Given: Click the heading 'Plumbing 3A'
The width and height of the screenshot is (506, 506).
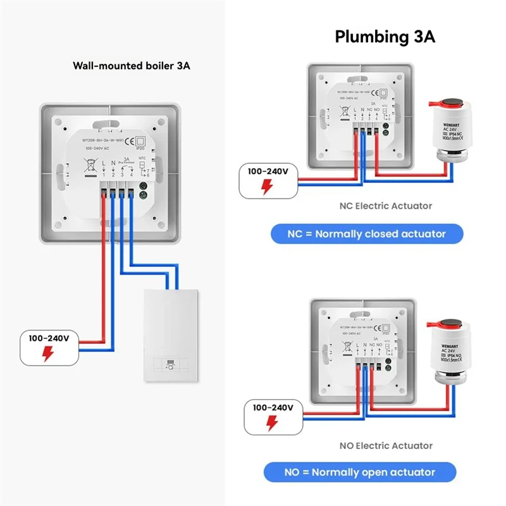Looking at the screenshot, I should tap(385, 37).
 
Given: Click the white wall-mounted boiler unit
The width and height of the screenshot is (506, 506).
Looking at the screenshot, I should tap(169, 335).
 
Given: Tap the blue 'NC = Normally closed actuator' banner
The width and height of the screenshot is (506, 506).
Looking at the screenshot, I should tap(366, 234).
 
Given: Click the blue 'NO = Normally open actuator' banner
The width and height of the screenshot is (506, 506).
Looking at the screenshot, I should tap(360, 472).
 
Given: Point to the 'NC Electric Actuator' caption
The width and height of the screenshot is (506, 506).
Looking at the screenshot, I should tap(386, 206).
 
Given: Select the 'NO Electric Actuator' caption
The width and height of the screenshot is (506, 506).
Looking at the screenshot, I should tap(386, 446).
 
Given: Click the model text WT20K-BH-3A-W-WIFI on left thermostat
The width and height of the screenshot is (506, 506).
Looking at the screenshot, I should tap(103, 141).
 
